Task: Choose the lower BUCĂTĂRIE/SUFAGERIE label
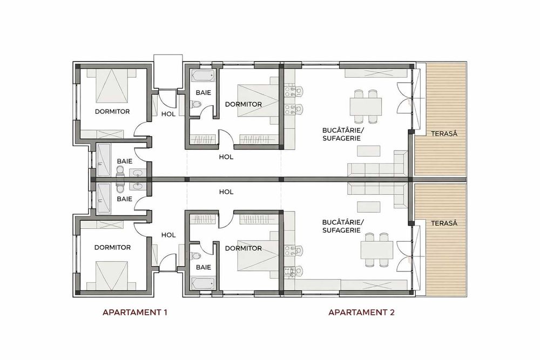click(x=341, y=226)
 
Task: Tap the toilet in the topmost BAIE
click(x=198, y=104)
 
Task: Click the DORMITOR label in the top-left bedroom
click(x=112, y=112)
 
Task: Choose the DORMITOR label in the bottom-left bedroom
click(x=112, y=248)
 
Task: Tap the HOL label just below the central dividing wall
click(x=226, y=192)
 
